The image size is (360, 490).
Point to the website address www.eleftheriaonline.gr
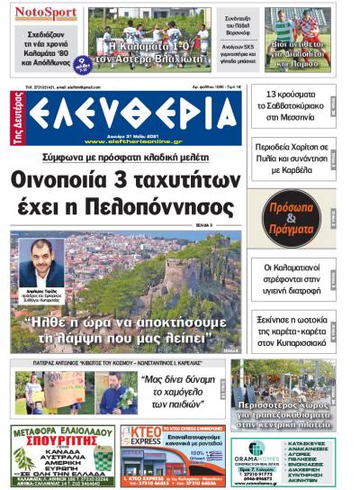coord(135,141)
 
